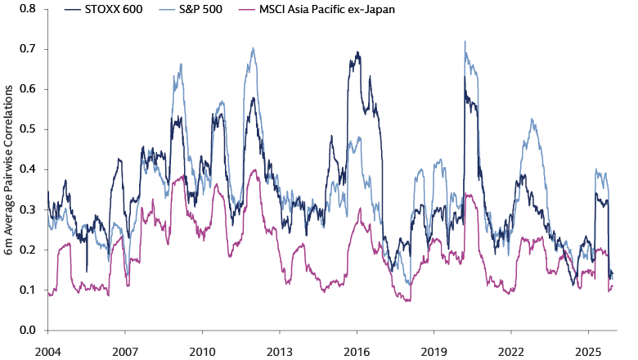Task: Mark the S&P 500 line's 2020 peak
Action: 465,42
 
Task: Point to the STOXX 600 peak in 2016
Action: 358,52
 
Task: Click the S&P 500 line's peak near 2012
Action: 254,47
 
